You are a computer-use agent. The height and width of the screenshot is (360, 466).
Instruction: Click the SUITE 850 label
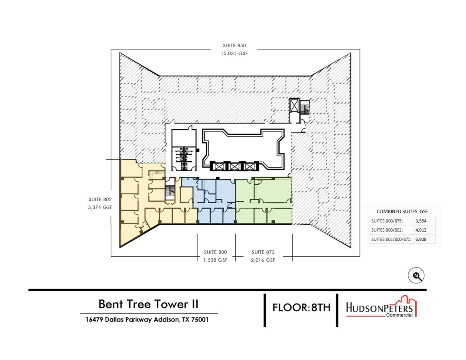(234, 46)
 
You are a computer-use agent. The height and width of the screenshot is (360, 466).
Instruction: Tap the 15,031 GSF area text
(234, 53)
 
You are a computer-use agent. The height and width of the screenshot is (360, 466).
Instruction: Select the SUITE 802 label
(100, 199)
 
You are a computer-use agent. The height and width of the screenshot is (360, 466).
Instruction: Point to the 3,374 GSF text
(100, 207)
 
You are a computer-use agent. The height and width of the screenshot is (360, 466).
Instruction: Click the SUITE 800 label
(215, 252)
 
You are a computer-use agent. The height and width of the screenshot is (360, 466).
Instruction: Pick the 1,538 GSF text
(215, 260)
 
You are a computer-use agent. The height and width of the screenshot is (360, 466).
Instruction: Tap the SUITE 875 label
(263, 252)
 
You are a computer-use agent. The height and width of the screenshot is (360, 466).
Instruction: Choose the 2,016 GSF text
(263, 260)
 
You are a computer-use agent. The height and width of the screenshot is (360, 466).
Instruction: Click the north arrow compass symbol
(416, 276)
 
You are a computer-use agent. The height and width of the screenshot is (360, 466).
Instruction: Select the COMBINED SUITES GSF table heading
(402, 211)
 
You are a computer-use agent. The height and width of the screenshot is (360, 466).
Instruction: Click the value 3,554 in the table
(424, 221)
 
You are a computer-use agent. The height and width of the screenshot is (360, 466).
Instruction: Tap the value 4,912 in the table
(424, 230)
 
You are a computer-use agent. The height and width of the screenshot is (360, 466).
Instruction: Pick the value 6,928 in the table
(424, 239)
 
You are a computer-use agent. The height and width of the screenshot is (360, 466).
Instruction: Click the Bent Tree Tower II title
(148, 304)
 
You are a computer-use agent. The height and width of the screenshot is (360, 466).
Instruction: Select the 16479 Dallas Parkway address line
(147, 320)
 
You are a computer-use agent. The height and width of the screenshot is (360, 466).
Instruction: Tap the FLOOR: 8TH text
(301, 308)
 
